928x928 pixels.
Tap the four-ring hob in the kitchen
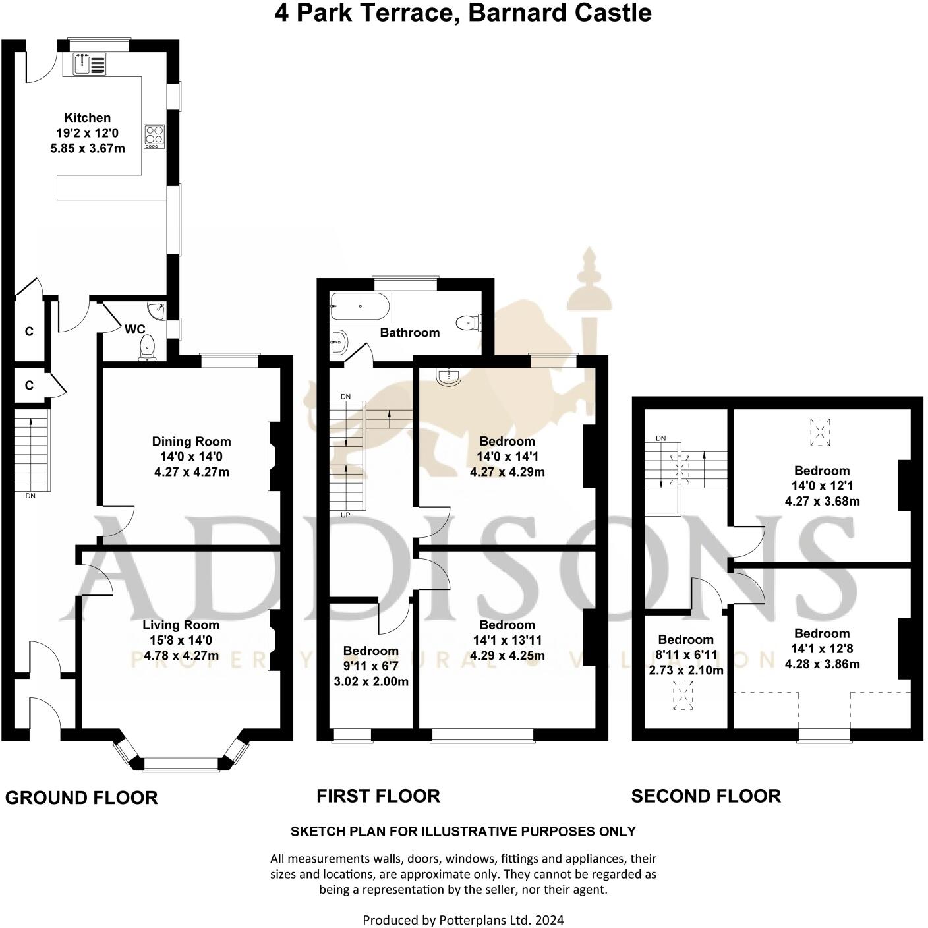[x=154, y=136]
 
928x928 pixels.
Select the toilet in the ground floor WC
[x=148, y=347]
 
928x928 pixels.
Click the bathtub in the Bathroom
[x=361, y=306]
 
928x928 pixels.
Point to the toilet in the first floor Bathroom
[x=469, y=322]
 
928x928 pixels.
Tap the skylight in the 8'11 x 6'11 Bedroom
[x=683, y=695]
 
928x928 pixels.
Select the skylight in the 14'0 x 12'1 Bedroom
[x=820, y=432]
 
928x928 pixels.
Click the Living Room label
[x=181, y=625]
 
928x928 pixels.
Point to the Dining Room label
[x=191, y=442]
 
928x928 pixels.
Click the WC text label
[x=134, y=329]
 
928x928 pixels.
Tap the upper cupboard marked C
[x=29, y=332]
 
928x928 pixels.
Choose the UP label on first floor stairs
[x=345, y=515]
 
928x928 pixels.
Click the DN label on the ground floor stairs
[x=30, y=496]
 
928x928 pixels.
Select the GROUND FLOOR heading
[x=81, y=797]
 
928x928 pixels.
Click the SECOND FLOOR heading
[x=705, y=796]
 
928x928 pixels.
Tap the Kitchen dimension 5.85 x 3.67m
[x=88, y=148]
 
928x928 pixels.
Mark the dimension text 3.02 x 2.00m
[x=371, y=681]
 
